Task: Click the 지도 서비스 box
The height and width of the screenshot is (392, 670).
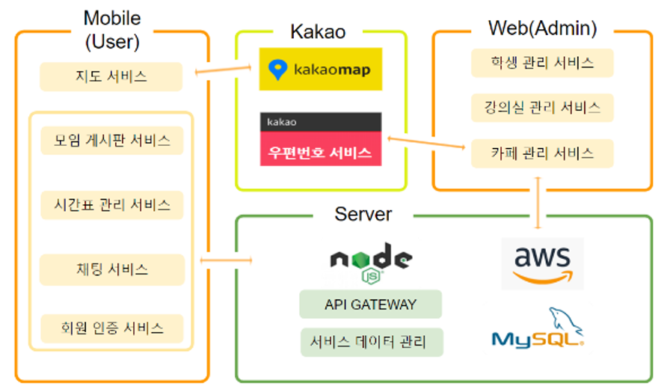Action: (111, 76)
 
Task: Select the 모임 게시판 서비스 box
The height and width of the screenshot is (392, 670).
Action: (112, 140)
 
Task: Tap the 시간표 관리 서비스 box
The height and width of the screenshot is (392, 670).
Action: (112, 205)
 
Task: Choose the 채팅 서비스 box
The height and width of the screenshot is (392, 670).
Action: (112, 269)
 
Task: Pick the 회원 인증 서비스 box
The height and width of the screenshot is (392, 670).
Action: (112, 328)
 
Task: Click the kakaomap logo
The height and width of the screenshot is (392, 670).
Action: (321, 69)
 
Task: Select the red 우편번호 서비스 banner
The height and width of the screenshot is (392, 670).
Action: (321, 148)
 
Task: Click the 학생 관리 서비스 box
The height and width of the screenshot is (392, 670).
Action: (542, 63)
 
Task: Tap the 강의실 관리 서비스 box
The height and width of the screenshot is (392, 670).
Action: (542, 107)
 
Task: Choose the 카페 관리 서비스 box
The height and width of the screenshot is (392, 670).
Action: (542, 153)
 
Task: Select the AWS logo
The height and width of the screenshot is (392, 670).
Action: (542, 264)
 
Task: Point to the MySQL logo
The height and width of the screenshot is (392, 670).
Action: (538, 328)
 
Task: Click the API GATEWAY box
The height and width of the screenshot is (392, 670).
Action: (370, 304)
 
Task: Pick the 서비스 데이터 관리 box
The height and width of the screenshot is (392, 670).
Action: (372, 342)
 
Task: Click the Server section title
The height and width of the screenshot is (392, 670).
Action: (363, 214)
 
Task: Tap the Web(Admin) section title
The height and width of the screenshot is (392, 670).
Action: (543, 28)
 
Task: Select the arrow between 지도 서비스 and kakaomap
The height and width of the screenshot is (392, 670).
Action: (223, 70)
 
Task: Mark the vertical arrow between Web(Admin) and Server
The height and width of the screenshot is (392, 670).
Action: (538, 203)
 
